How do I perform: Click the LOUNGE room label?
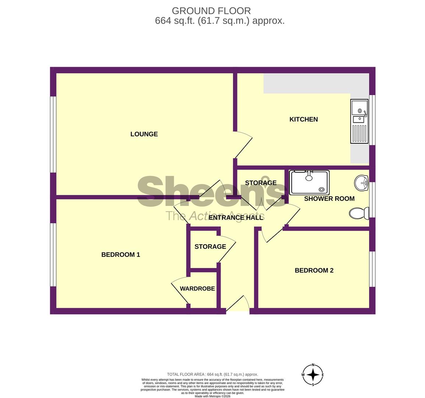(x=144, y=134)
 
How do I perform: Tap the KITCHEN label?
(x=303, y=119)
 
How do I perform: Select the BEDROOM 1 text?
(x=120, y=255)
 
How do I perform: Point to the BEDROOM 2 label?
(x=314, y=270)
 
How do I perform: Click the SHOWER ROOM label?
(x=329, y=199)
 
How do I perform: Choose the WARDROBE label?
(x=197, y=289)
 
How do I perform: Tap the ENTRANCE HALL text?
(x=236, y=217)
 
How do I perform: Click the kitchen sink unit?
(x=359, y=121)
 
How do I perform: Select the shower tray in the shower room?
(x=309, y=182)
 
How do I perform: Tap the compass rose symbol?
(x=313, y=375)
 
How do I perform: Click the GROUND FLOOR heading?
(x=211, y=11)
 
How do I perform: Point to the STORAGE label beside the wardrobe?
(x=210, y=247)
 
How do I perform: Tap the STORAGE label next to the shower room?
(x=261, y=183)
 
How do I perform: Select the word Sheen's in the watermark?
(x=212, y=192)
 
